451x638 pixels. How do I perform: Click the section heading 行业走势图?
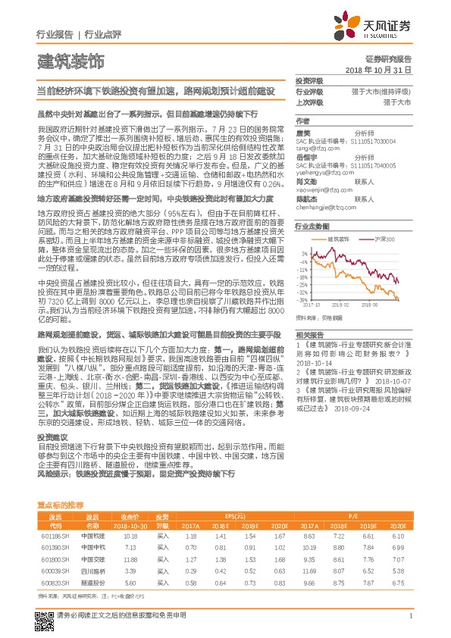[312, 226]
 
